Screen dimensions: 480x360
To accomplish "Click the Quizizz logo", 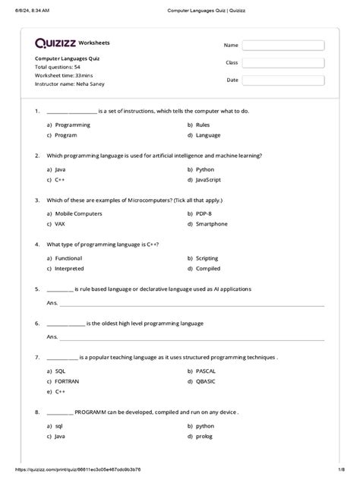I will pos(55,43).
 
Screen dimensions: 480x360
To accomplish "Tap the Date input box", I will pos(283,80).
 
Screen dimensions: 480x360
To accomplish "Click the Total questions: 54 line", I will pos(58,67).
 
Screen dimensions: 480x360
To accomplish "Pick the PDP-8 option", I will pos(204,214).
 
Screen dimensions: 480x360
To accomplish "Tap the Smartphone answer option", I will pos(209,224).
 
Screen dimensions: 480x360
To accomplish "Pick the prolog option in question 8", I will pos(204,437).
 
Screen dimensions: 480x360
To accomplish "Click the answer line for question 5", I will pos(190,303).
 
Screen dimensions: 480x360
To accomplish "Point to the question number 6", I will pos(36,323).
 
